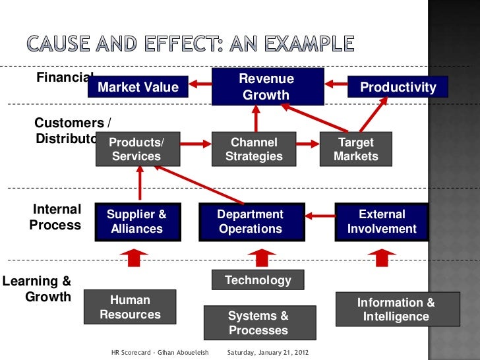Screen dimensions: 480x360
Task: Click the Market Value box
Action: pos(138,87)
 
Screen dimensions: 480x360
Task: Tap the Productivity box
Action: pos(398,87)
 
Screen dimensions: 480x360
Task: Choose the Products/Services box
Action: pos(137,149)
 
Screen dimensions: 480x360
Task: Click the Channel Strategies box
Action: pos(254,149)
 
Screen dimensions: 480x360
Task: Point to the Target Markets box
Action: pos(356,149)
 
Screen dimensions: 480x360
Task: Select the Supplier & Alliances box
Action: pos(136,222)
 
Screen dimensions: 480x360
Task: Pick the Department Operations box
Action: pos(251,222)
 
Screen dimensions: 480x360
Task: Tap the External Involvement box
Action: pos(382,222)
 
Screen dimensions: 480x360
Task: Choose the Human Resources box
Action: pos(130,307)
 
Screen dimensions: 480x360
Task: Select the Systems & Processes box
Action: pos(258,323)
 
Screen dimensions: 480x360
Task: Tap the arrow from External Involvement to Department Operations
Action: pos(320,214)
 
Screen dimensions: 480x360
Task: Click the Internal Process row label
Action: pos(56,218)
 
